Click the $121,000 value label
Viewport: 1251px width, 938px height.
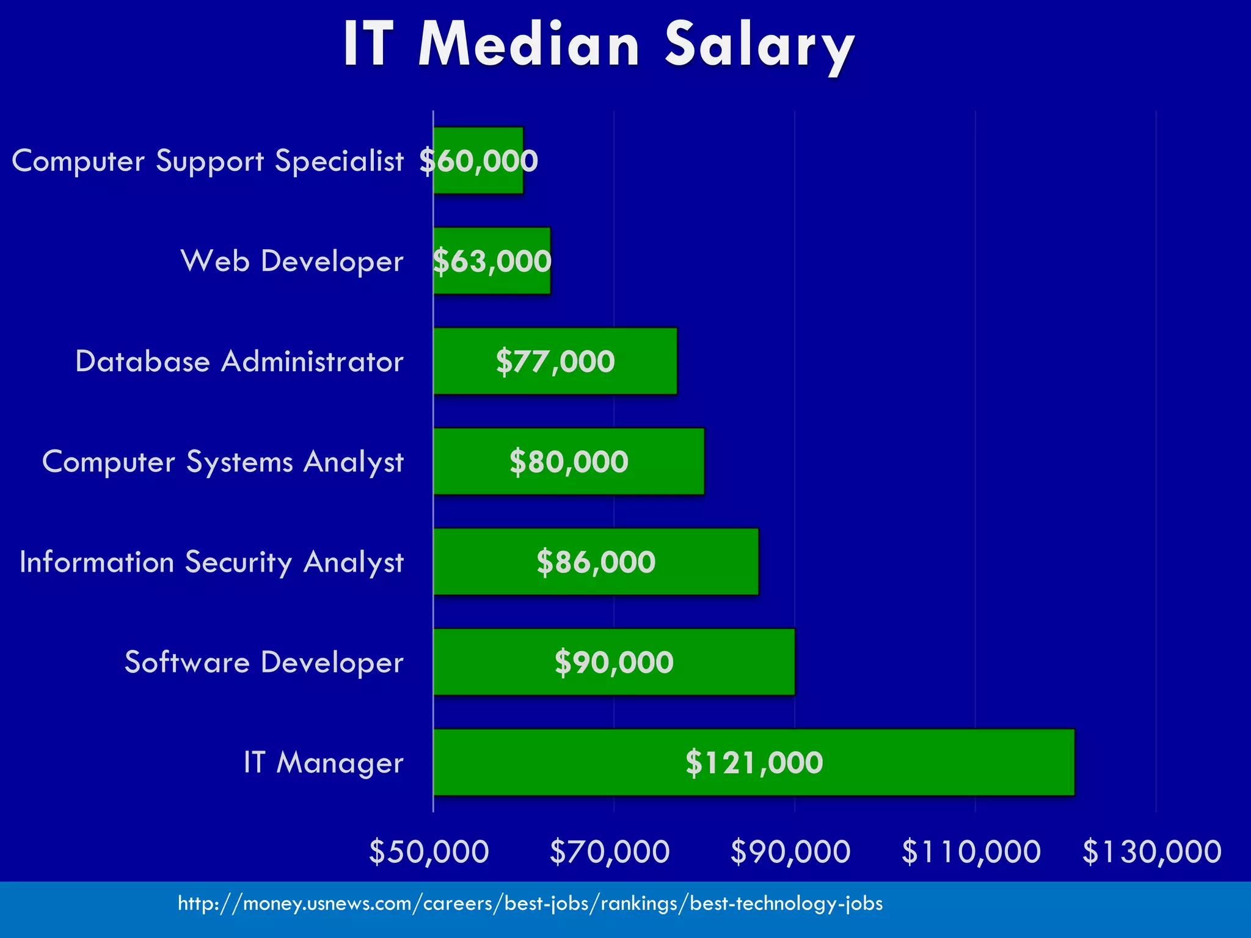tap(754, 763)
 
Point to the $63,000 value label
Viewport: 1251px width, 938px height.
tap(492, 261)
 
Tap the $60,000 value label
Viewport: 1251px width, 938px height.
tap(479, 161)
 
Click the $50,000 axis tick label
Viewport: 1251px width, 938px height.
tap(429, 852)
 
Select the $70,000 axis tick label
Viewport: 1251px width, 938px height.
tap(610, 852)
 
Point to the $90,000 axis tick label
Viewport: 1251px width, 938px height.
tap(790, 852)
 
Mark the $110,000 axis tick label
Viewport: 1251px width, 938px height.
tap(971, 852)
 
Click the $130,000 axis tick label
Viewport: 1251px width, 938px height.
tap(1152, 852)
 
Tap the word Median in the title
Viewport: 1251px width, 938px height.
tap(529, 45)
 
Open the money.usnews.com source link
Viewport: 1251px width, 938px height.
tap(530, 903)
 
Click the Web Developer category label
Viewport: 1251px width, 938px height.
tap(292, 261)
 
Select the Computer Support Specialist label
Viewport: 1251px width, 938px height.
tap(208, 161)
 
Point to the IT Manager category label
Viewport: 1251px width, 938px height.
tap(323, 763)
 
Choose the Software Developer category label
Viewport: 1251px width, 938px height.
tap(264, 663)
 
